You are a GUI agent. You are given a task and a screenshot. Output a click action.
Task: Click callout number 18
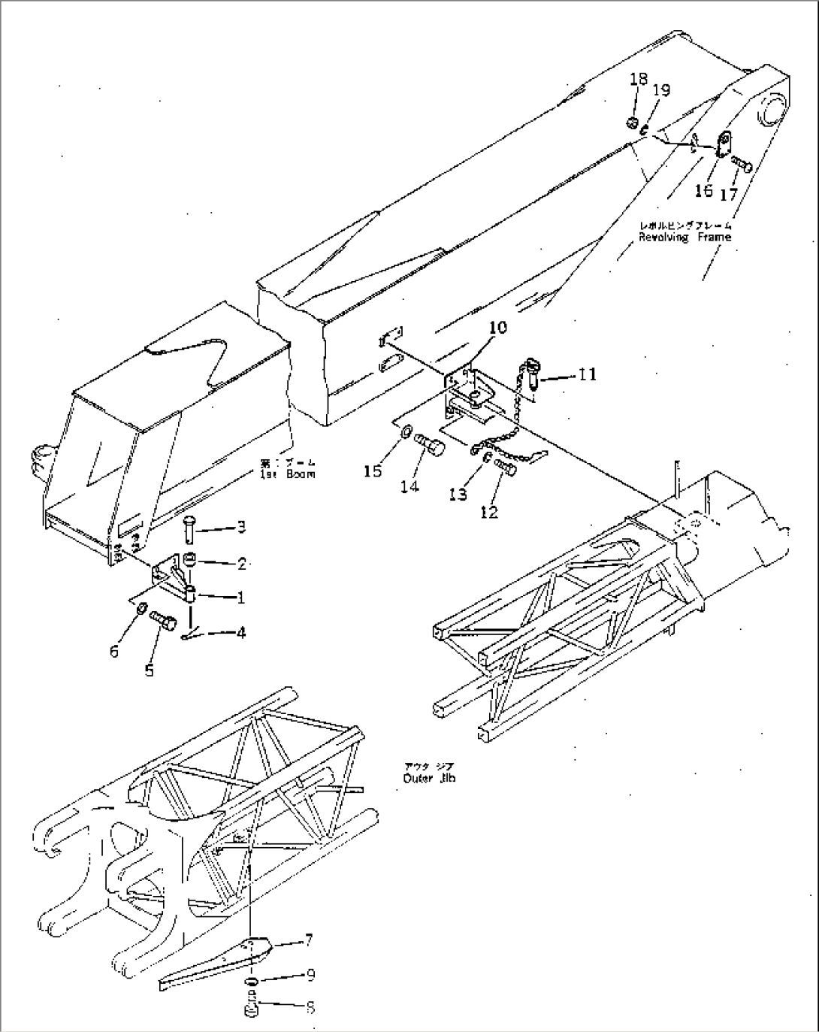coord(638,79)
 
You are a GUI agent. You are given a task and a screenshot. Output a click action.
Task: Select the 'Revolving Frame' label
coord(685,237)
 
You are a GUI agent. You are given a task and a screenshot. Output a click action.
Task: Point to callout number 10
coord(498,328)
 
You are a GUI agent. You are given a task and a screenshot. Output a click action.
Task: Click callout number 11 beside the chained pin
coord(588,374)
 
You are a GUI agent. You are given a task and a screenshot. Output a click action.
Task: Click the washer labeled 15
coord(403,434)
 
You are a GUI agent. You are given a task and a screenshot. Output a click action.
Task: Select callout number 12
coord(488,512)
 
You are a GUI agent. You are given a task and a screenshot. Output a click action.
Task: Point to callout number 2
coord(242,562)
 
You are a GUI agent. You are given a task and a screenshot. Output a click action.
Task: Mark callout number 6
coord(114,651)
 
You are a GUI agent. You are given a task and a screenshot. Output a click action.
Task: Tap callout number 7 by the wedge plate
coord(310,940)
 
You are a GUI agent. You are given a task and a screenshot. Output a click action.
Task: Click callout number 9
coord(310,975)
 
